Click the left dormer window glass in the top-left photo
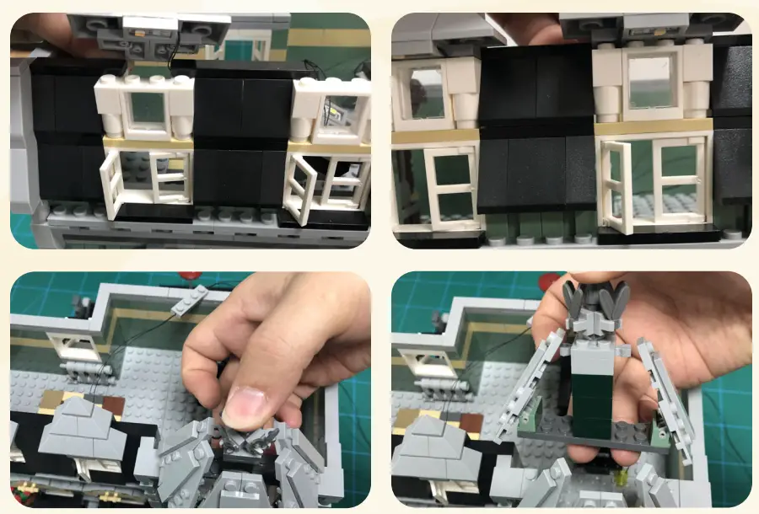pyautogui.click(x=147, y=107)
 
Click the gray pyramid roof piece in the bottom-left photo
pyautogui.click(x=81, y=430)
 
